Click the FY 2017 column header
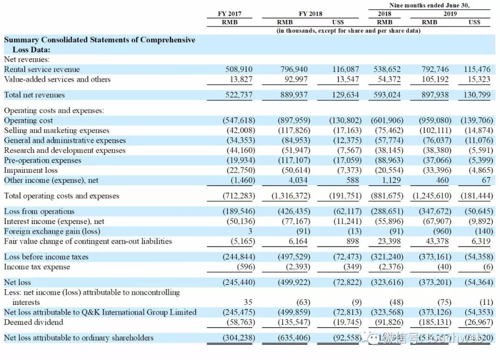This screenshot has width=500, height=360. [230, 13]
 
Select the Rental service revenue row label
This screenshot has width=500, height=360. [42, 69]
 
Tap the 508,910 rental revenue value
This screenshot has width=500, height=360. [239, 69]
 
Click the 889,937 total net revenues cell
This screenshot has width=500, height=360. [294, 95]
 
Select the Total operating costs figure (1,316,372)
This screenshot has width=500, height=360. [291, 196]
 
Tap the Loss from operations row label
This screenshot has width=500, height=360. [39, 211]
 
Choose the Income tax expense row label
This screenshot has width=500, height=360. [37, 267]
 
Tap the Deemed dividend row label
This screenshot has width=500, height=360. [33, 322]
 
